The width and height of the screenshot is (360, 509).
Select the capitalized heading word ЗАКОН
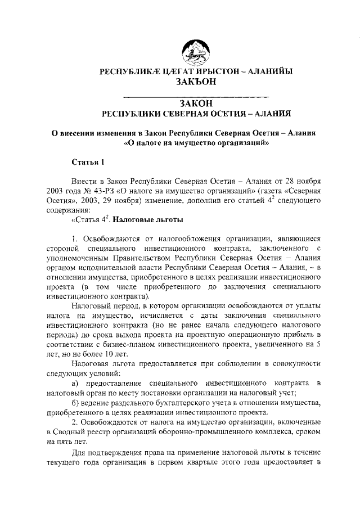coord(195,103)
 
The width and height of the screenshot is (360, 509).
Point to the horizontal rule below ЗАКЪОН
coord(195,93)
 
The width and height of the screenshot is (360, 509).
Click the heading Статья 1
coord(88,163)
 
